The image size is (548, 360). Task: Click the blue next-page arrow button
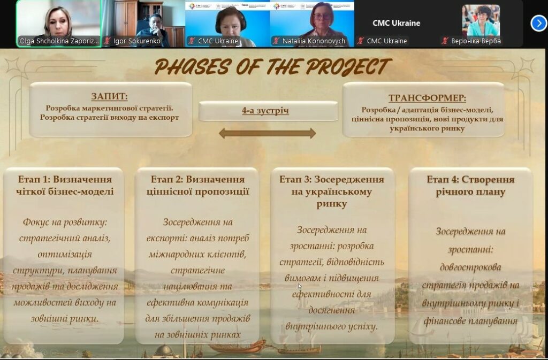tap(538, 24)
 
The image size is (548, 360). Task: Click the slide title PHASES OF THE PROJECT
tap(272, 67)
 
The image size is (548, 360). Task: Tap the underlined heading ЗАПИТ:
tap(109, 96)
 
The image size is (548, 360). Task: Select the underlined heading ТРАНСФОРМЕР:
tap(427, 98)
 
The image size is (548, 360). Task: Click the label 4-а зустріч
tap(265, 111)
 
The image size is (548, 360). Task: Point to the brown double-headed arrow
tap(268, 133)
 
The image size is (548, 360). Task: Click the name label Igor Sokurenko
tap(136, 41)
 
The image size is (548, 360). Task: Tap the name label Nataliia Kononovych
tap(314, 41)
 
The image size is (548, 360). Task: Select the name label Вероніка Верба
tap(476, 41)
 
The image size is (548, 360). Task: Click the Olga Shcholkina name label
tap(59, 41)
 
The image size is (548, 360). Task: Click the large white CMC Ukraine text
tap(397, 23)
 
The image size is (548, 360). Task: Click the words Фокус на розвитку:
tap(65, 223)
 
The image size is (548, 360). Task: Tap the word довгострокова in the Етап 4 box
tap(470, 267)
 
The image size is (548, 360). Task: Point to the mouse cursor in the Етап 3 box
tap(300, 286)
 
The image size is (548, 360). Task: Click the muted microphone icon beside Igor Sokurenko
tap(107, 41)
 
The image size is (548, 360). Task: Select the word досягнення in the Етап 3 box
tap(331, 310)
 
